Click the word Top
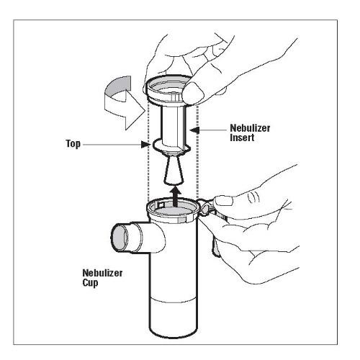[x=73, y=144]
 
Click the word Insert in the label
[x=242, y=138]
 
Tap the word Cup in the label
[x=90, y=282]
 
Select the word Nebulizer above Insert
[x=250, y=128]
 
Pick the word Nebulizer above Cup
[x=102, y=273]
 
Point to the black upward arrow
[x=176, y=197]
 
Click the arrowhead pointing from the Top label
[x=145, y=144]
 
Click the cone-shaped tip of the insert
[x=174, y=170]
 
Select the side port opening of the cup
[x=120, y=238]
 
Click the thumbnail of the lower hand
[x=224, y=200]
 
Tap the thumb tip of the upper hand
[x=193, y=92]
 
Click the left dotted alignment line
[x=148, y=151]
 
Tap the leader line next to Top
[x=112, y=145]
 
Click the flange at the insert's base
[x=171, y=146]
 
